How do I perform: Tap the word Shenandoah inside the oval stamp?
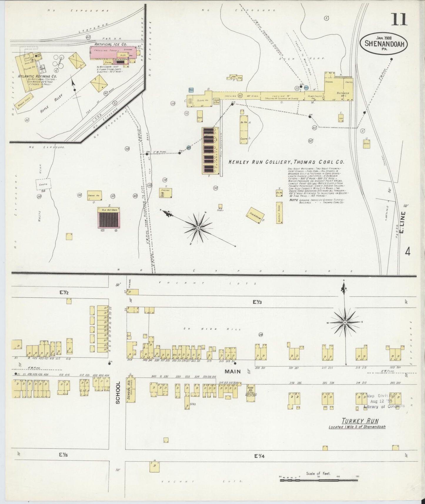point(386,44)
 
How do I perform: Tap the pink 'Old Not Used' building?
point(109,218)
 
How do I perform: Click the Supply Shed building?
point(279,212)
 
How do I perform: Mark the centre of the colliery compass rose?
point(198,228)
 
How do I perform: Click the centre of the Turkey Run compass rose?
point(345,322)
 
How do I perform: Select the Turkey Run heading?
point(360,421)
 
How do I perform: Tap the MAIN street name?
point(232,371)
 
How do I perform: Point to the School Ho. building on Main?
point(131,390)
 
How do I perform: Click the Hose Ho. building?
point(250,393)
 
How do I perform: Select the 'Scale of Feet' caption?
point(318,473)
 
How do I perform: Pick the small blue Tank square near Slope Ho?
point(191,90)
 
